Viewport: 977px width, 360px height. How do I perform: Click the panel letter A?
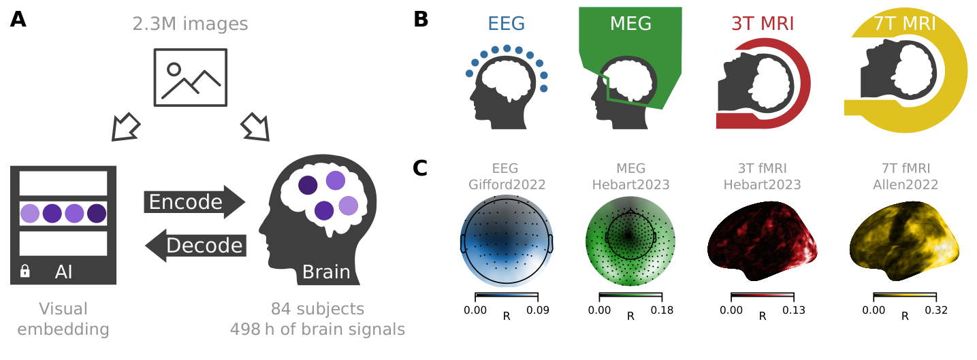point(18,20)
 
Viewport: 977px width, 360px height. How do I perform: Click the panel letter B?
point(421,20)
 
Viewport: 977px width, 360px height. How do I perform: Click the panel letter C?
point(421,167)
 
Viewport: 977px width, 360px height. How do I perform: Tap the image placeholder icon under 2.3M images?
point(191,77)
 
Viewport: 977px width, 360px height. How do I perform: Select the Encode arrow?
point(194,202)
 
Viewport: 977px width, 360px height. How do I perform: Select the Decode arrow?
point(196,245)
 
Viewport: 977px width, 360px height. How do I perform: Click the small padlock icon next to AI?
point(25,272)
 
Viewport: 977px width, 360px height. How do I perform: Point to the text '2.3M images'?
point(190,24)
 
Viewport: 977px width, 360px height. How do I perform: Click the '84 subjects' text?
point(317,309)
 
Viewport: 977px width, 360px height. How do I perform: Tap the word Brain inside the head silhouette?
point(325,272)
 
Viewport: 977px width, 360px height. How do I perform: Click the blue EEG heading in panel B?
point(506,24)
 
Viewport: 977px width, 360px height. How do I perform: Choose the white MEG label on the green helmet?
point(630,24)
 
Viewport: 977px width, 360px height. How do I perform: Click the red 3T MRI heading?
point(763,24)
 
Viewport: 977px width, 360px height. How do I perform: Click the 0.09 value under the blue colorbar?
point(539,310)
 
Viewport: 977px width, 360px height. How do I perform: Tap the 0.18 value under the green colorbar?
point(662,310)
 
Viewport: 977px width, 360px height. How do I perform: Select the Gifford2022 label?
point(506,184)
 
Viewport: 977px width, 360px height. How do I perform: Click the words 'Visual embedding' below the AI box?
point(63,319)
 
